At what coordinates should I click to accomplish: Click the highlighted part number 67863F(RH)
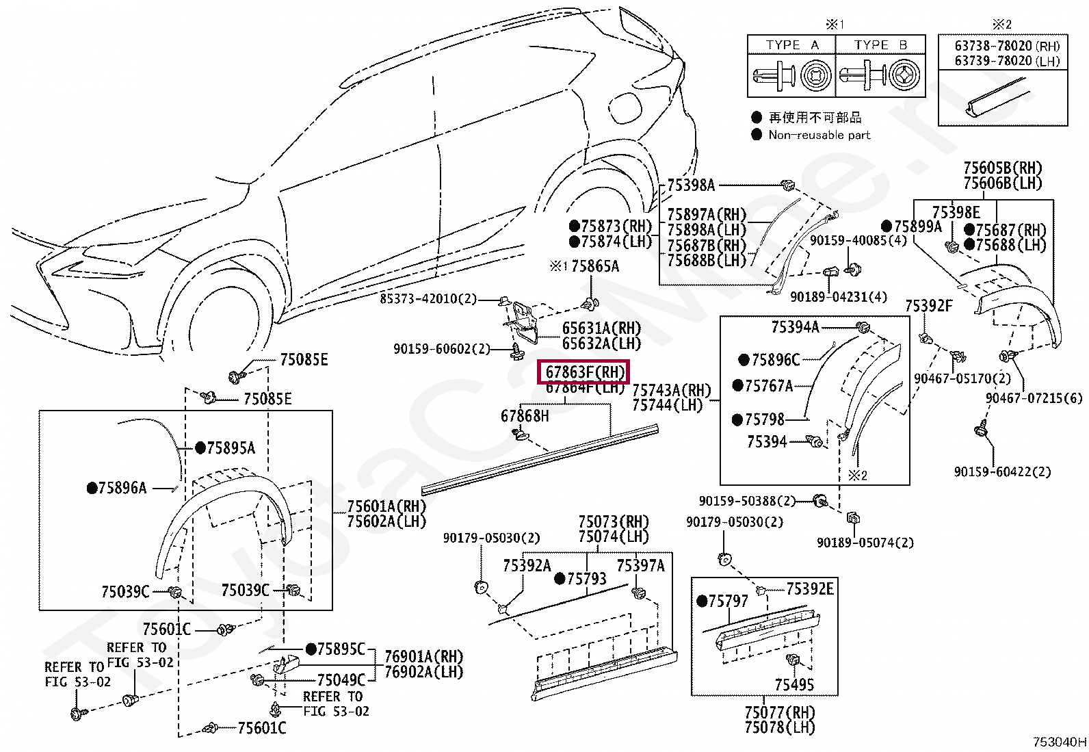(585, 372)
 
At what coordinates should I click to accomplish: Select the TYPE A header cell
(791, 45)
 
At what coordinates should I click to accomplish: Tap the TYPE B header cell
(880, 45)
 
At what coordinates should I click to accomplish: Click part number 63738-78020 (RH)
(1007, 46)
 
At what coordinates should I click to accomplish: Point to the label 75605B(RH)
(1002, 168)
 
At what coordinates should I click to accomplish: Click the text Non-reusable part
(819, 135)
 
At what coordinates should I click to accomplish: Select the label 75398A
(690, 185)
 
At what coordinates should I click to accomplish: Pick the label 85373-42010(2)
(428, 299)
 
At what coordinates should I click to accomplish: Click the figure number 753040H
(1059, 742)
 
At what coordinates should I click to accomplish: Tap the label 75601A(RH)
(386, 506)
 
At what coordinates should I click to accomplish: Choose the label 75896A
(122, 488)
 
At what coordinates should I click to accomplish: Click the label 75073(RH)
(613, 522)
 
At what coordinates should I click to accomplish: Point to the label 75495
(794, 685)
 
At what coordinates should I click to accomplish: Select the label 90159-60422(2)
(1002, 471)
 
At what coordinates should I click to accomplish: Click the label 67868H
(525, 416)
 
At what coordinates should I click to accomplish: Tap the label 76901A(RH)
(423, 657)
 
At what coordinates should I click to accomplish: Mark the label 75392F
(928, 306)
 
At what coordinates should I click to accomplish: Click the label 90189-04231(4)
(838, 297)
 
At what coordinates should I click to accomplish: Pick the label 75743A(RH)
(671, 390)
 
